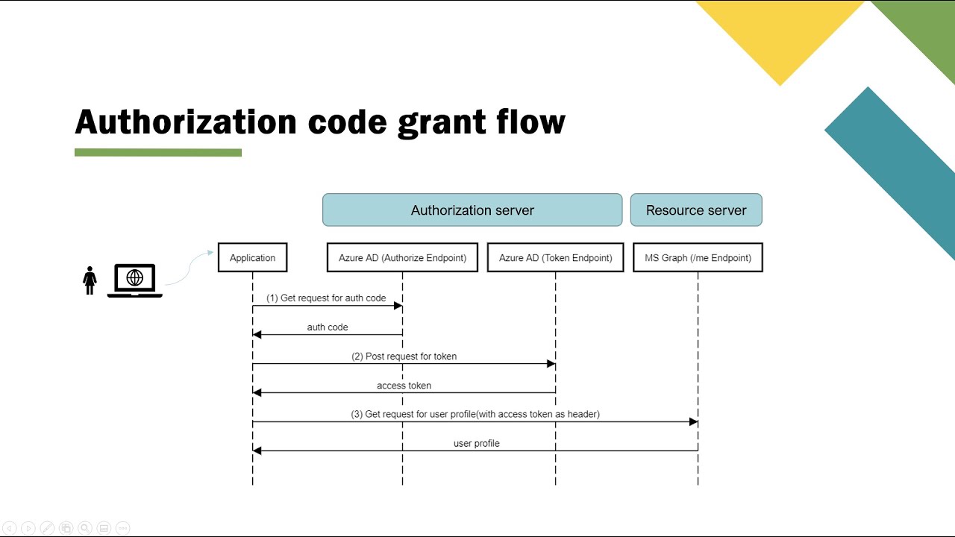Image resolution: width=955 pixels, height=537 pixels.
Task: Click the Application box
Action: (252, 257)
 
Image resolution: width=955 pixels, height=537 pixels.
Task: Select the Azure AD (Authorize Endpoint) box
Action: (402, 257)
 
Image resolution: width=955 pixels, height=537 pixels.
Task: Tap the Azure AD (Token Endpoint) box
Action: (555, 257)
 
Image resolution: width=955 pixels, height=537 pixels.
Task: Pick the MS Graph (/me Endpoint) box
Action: (698, 257)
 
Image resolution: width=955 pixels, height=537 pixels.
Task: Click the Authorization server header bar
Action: (472, 210)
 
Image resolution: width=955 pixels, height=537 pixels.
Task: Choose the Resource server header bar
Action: (696, 210)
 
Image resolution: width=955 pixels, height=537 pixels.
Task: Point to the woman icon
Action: (90, 280)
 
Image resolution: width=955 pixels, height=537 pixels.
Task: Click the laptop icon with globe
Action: (135, 280)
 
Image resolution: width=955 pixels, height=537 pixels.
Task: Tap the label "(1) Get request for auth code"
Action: (326, 298)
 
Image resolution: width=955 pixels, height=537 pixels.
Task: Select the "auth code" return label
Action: (328, 327)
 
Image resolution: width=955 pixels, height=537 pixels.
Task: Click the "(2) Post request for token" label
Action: (404, 357)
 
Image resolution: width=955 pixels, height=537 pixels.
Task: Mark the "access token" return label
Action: (404, 386)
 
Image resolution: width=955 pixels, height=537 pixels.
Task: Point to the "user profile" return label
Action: (476, 444)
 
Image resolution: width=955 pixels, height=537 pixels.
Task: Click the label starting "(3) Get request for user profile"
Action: (475, 414)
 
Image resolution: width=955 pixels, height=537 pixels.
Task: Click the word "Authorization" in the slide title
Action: (186, 122)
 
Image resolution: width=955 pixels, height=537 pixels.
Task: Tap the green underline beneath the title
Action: (158, 153)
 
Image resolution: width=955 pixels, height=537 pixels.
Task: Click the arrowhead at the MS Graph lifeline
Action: (693, 422)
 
